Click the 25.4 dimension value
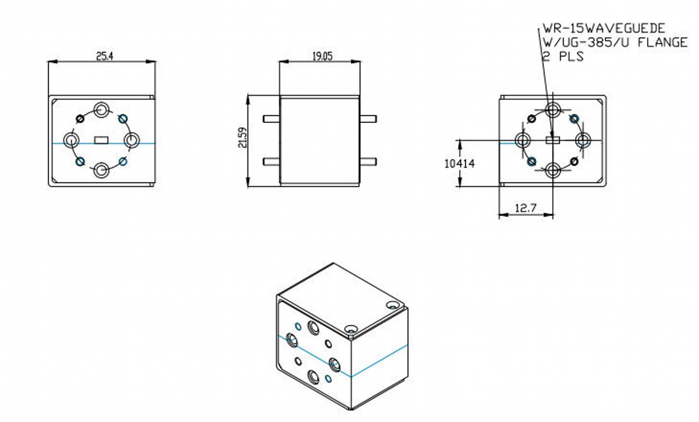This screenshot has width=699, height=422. click(104, 56)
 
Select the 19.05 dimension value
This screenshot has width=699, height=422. click(322, 56)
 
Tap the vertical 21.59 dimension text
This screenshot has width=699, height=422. click(242, 137)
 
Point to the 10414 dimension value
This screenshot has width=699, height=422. click(459, 163)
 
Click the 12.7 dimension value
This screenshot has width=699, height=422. click(525, 208)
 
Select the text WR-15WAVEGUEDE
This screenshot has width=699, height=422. click(604, 28)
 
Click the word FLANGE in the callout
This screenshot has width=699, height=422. click(662, 43)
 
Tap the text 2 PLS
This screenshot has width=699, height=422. click(563, 56)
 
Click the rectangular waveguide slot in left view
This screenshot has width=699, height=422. click(101, 140)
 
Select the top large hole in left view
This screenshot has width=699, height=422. click(102, 110)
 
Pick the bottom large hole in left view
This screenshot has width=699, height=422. click(102, 171)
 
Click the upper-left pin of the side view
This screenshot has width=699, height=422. click(271, 119)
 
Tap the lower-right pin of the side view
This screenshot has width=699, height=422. click(368, 162)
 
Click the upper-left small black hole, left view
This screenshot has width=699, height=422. click(80, 119)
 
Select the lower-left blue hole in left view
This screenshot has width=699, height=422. click(80, 161)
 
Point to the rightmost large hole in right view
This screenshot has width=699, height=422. click(583, 140)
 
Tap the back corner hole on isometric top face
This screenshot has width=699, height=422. click(392, 305)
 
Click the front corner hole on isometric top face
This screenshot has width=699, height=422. click(351, 329)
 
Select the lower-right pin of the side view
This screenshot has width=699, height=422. click(368, 162)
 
